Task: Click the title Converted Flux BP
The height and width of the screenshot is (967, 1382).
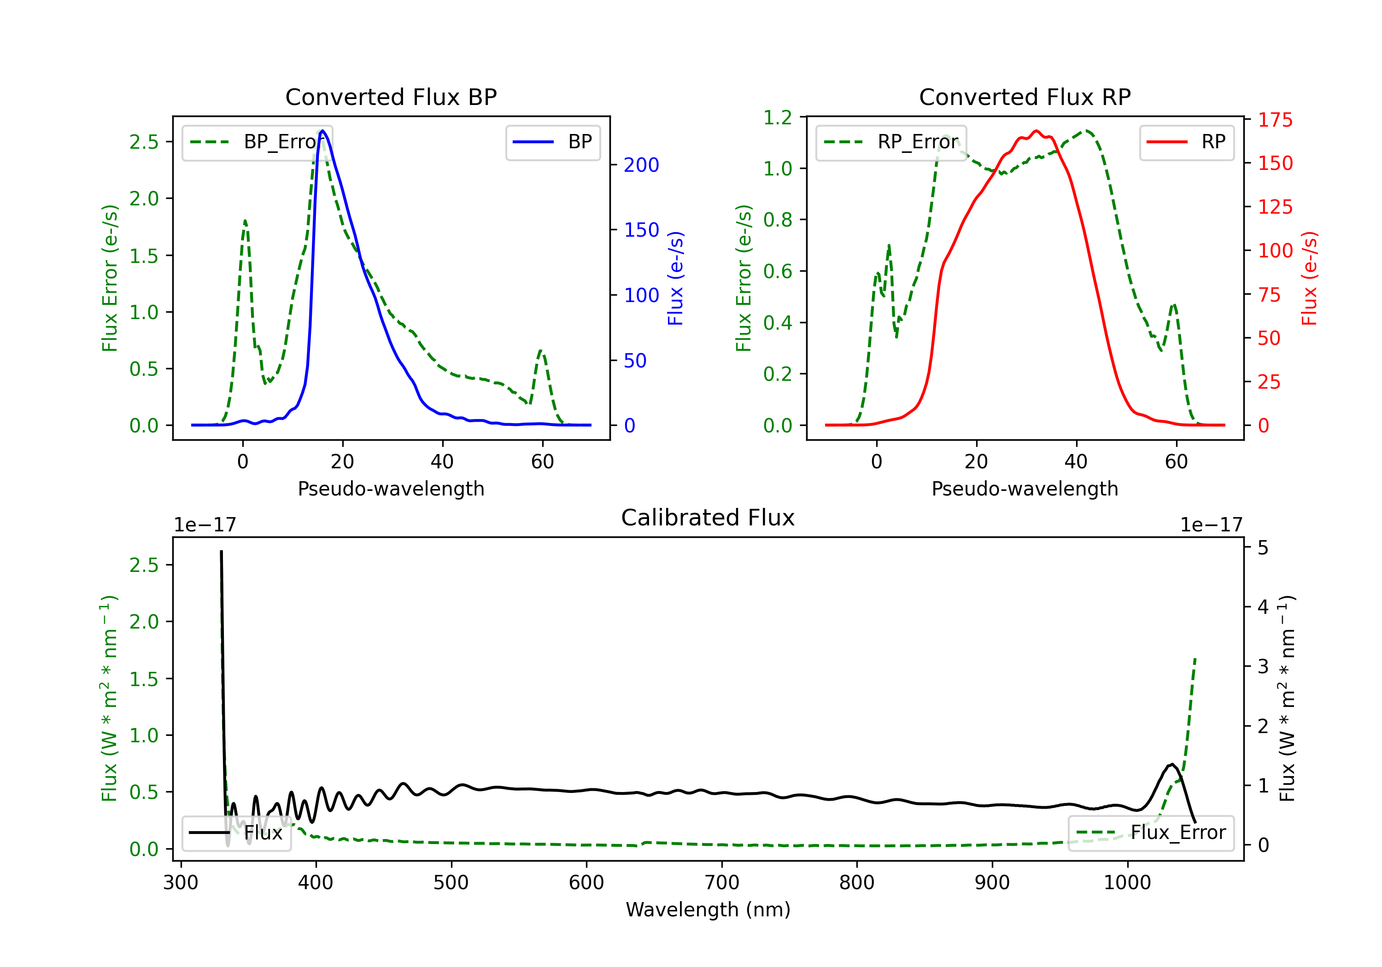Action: tap(391, 97)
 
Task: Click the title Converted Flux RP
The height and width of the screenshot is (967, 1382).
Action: tap(1025, 97)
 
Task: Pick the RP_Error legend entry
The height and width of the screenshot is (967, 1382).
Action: tap(891, 142)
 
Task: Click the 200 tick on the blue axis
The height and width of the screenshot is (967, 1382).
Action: tap(641, 165)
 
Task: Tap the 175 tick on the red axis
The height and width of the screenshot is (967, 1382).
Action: tap(1275, 120)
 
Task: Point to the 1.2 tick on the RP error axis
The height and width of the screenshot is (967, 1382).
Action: tap(777, 118)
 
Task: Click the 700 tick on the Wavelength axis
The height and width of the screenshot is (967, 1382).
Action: tap(722, 883)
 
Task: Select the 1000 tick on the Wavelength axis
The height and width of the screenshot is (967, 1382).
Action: tap(1127, 883)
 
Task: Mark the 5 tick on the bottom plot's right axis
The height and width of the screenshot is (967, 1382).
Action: tap(1263, 548)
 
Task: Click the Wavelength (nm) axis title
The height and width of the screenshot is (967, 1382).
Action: tap(708, 909)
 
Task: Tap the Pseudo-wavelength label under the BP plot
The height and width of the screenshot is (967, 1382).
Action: tap(391, 489)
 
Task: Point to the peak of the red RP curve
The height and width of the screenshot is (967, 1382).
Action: tap(1036, 131)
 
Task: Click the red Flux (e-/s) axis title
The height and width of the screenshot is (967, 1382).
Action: tap(1309, 278)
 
